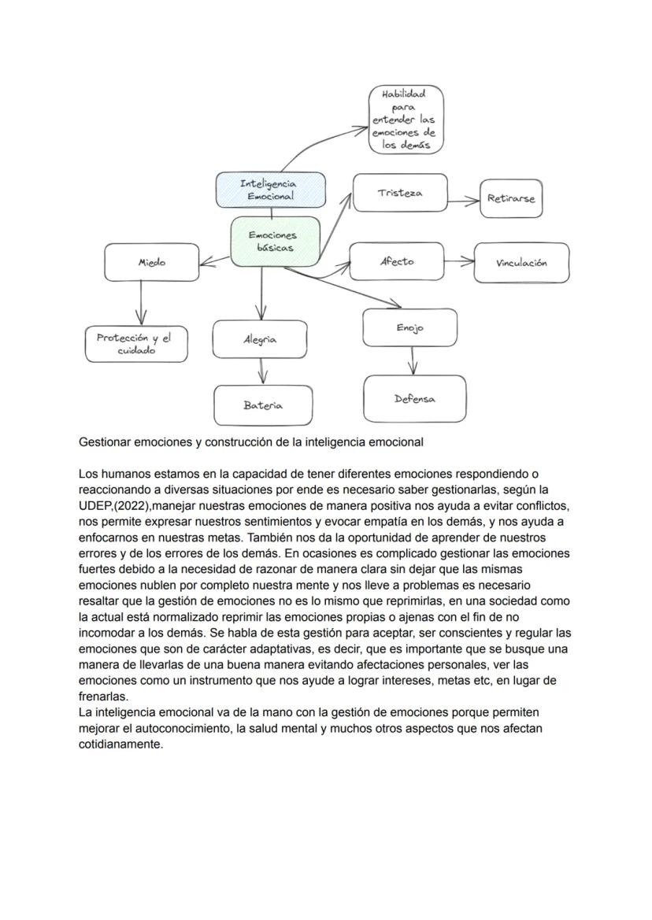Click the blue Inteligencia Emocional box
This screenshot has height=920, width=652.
[x=271, y=190]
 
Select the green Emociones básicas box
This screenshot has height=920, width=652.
[x=275, y=242]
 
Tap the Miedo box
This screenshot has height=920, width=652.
[x=152, y=262]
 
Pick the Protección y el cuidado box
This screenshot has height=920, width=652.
[x=136, y=344]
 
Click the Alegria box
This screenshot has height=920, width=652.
[x=260, y=339]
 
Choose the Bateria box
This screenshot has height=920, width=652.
[x=263, y=405]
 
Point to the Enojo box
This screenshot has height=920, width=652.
[x=409, y=327]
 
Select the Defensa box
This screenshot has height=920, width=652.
[x=414, y=398]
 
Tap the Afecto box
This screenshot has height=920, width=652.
[x=396, y=261]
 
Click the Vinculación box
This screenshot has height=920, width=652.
[x=521, y=263]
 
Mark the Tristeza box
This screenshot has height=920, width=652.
[x=400, y=193]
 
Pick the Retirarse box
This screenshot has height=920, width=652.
[x=511, y=198]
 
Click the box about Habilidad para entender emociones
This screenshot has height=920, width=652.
[x=406, y=120]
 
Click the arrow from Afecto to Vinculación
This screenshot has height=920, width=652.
[x=458, y=261]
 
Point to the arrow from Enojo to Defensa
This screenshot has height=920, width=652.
[x=412, y=360]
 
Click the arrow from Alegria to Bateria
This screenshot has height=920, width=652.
[x=261, y=371]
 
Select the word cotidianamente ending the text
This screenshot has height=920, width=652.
[x=120, y=744]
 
